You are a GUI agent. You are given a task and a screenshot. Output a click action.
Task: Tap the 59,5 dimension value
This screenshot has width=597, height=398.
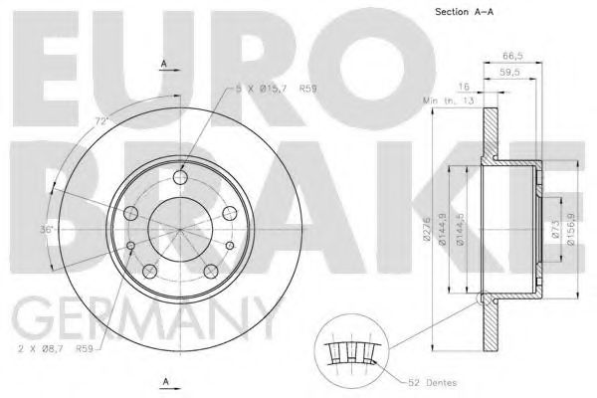510,72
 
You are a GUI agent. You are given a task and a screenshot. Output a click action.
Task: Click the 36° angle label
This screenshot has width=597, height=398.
46,231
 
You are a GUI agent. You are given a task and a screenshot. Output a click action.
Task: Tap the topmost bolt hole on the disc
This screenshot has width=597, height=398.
179,178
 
